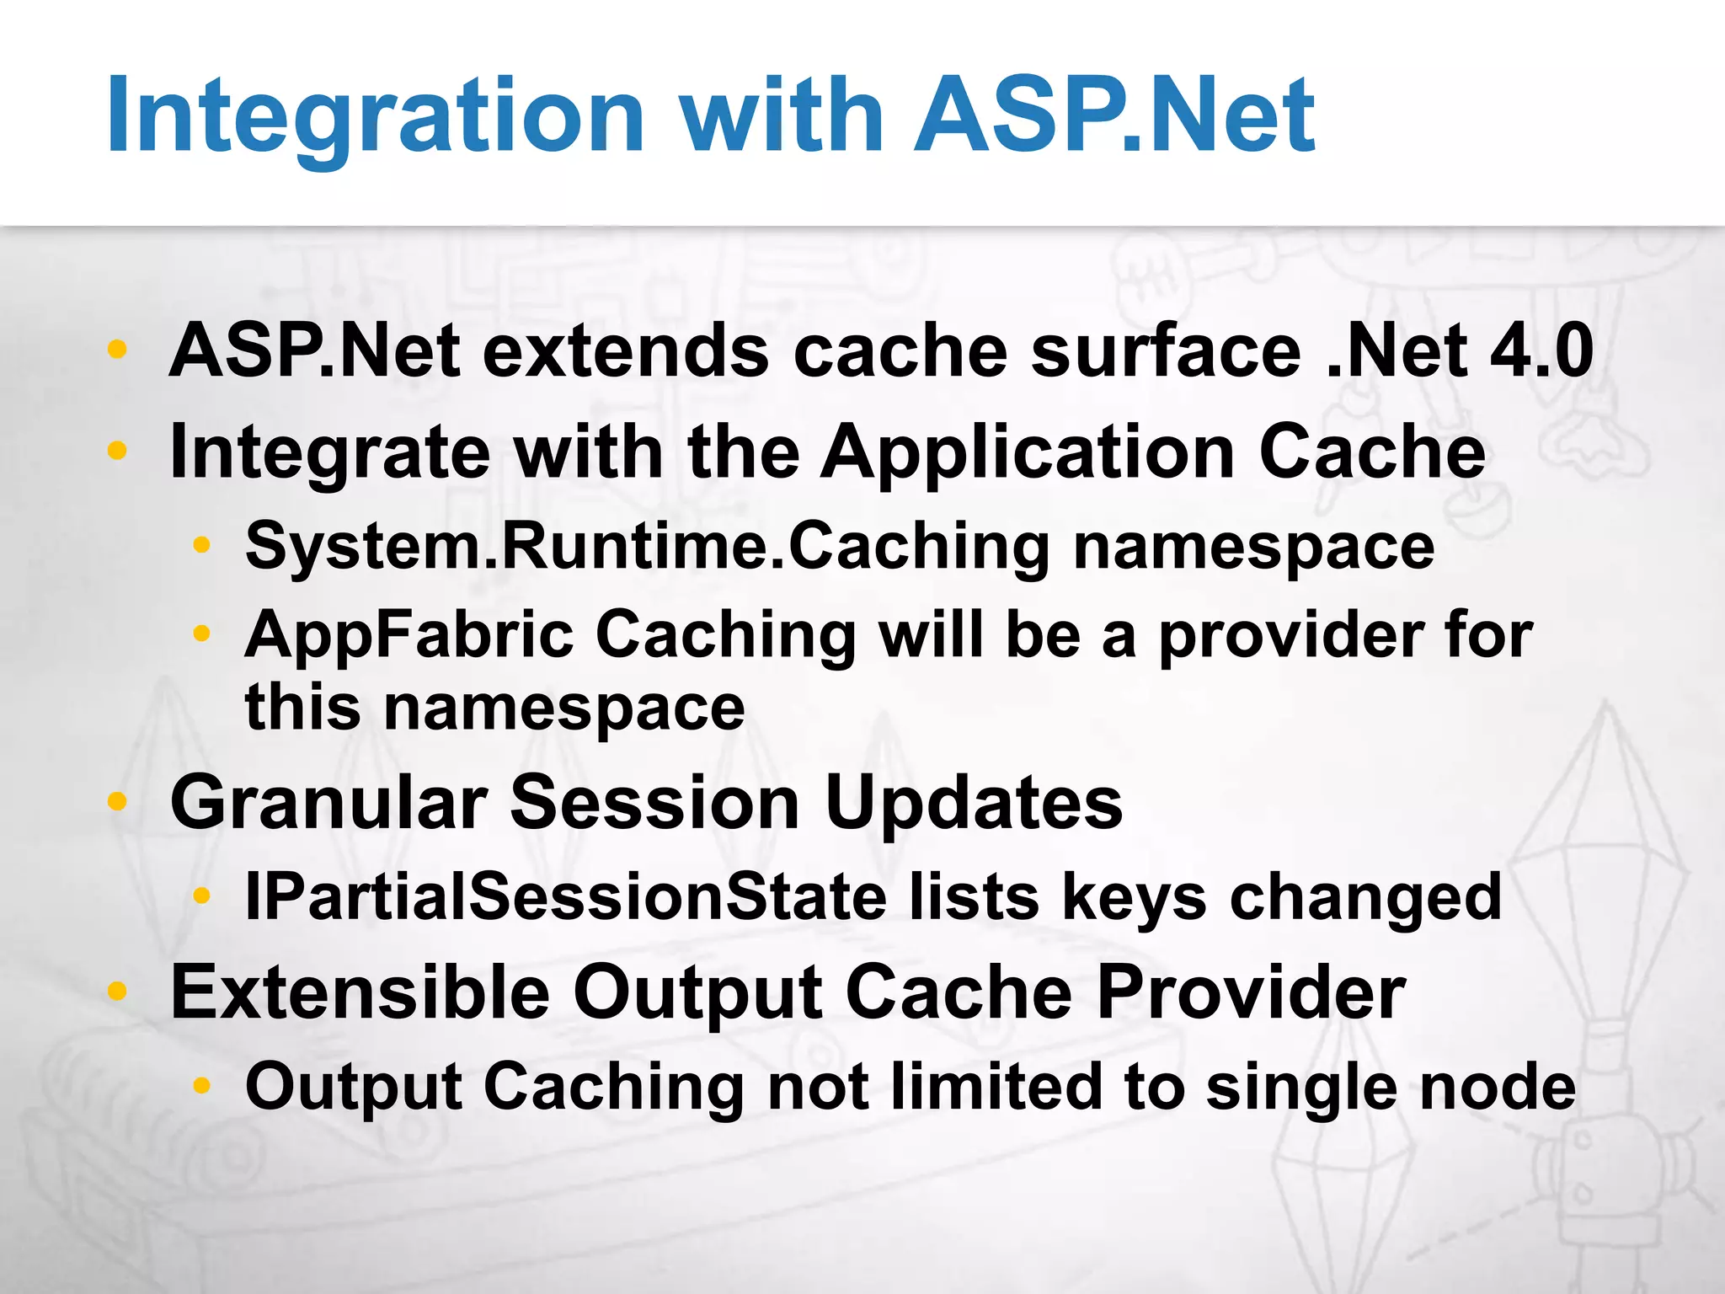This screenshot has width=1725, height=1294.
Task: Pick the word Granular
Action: pyautogui.click(x=328, y=803)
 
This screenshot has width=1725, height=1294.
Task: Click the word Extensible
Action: pyautogui.click(x=360, y=992)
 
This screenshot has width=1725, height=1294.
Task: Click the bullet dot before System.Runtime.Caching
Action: pyautogui.click(x=200, y=546)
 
